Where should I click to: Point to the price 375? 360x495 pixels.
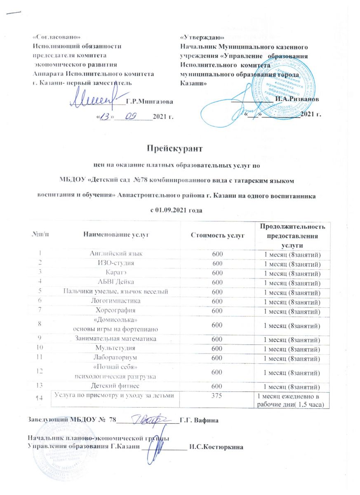coord(217,396)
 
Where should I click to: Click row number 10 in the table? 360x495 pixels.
coord(40,349)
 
